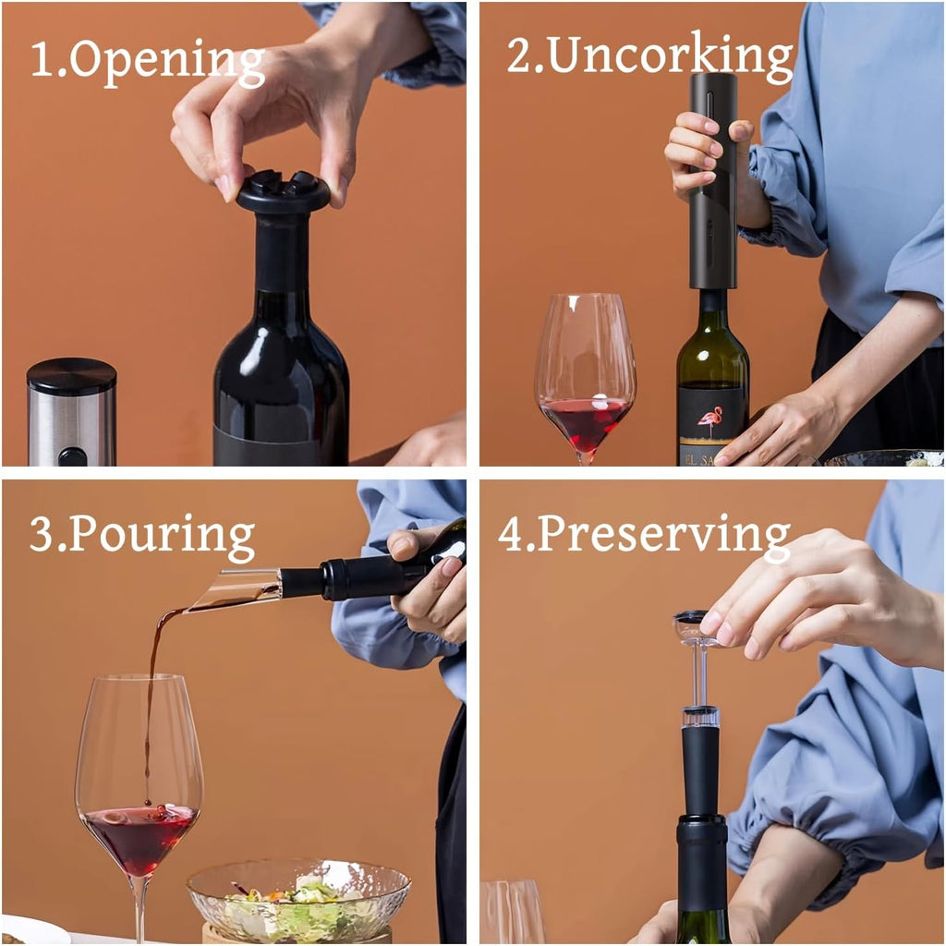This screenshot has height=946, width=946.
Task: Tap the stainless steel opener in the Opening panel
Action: (71, 411)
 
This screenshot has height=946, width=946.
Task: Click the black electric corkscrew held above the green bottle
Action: (713, 180)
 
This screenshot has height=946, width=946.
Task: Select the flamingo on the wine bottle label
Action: (710, 420)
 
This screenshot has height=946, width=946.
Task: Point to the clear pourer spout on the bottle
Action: (236, 589)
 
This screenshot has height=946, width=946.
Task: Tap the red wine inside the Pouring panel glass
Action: (140, 836)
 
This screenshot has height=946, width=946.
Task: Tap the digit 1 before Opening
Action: (40, 60)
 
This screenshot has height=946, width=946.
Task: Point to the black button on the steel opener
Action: (72, 456)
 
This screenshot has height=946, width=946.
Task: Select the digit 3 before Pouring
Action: (42, 536)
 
